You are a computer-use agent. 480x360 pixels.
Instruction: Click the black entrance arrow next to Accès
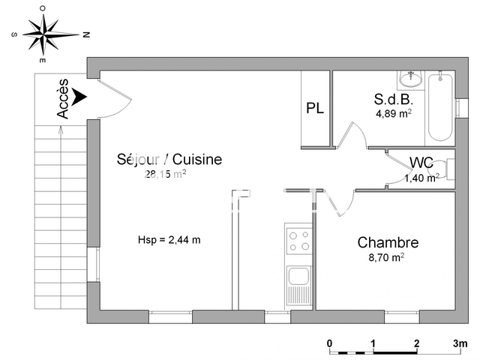(x=79, y=97)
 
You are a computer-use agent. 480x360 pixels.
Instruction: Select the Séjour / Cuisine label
(x=169, y=159)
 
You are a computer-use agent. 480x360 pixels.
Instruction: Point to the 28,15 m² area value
(x=165, y=174)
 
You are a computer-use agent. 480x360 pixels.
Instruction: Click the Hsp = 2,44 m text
(x=169, y=240)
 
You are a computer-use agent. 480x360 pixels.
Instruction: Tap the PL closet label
(x=315, y=108)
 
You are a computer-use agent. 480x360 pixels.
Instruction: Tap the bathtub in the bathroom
(x=439, y=107)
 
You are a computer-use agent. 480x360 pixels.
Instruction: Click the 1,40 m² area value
(x=421, y=178)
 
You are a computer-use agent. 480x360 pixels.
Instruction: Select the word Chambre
(x=388, y=242)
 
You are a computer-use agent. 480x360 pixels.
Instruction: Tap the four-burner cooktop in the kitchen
(x=299, y=241)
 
